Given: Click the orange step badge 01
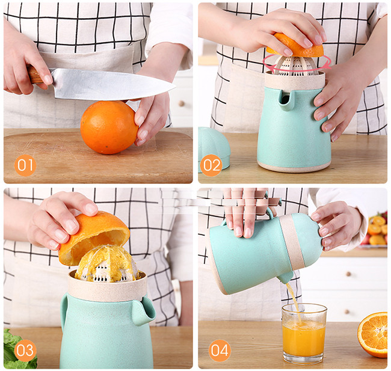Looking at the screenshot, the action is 25,165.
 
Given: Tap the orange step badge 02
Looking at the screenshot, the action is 212,165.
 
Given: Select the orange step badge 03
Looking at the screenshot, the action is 25,351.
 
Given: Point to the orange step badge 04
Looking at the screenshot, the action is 220,351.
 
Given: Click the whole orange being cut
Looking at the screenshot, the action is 109,127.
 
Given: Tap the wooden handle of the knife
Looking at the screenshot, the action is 34,75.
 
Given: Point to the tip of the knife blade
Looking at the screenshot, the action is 176,87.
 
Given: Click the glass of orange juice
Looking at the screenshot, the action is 304,333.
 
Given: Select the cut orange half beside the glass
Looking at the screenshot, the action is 372,334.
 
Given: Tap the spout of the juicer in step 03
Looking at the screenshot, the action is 144,311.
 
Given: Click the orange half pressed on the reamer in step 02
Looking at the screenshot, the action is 295,45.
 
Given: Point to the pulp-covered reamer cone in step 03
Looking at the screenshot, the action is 107,265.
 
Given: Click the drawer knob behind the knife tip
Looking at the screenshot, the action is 182,103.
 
